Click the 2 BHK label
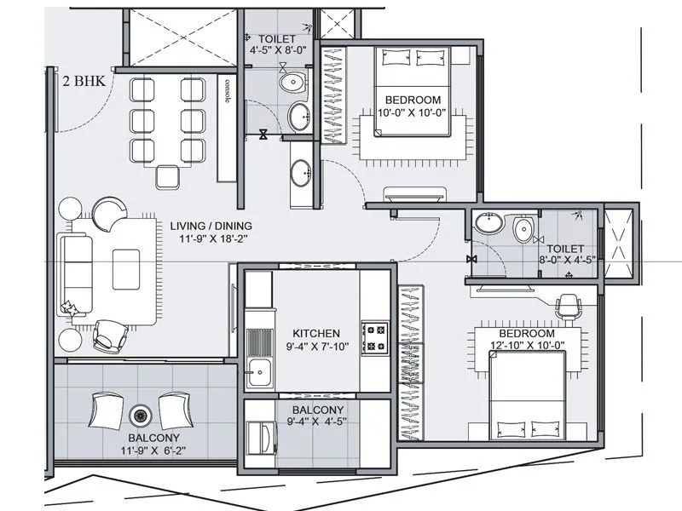(x=84, y=83)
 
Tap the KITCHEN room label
(x=316, y=333)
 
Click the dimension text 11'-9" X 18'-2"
(x=214, y=240)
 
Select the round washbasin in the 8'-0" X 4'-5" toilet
(x=488, y=224)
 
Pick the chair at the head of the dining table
(x=166, y=176)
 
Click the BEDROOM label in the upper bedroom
(x=413, y=100)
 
